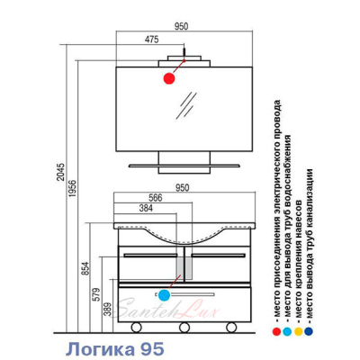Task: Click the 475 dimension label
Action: pyautogui.click(x=151, y=40)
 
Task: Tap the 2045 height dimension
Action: pyautogui.click(x=61, y=172)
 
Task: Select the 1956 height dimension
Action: pyautogui.click(x=73, y=188)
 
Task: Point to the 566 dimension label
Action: pyautogui.click(x=156, y=198)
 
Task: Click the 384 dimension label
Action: pyautogui.click(x=146, y=208)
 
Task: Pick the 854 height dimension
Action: pyautogui.click(x=85, y=268)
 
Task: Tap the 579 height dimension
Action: pyautogui.click(x=98, y=295)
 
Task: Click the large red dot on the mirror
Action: pyautogui.click(x=169, y=78)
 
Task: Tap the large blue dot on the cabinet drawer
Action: pyautogui.click(x=164, y=295)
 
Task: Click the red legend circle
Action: pyautogui.click(x=276, y=331)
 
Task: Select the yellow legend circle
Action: pyautogui.click(x=298, y=331)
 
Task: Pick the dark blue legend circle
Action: pyautogui.click(x=309, y=331)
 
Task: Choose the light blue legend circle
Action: pyautogui.click(x=287, y=331)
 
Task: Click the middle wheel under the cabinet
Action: pyautogui.click(x=184, y=328)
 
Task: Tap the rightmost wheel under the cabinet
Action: pyautogui.click(x=231, y=328)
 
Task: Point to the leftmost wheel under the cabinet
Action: pyautogui.click(x=137, y=328)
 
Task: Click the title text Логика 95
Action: pyautogui.click(x=115, y=349)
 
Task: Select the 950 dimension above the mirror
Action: pyautogui.click(x=182, y=26)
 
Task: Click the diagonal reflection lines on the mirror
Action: pyautogui.click(x=186, y=105)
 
